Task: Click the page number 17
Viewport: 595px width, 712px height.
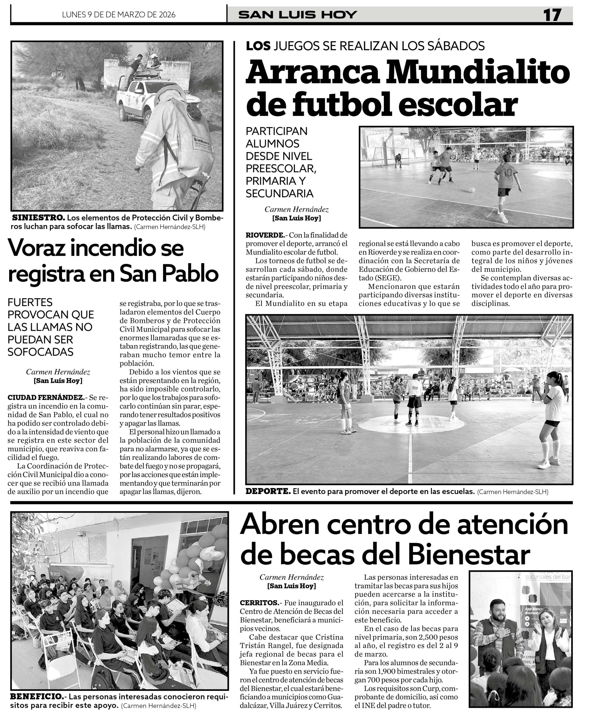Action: (x=552, y=15)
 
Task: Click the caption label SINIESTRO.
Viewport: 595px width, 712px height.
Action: (x=38, y=218)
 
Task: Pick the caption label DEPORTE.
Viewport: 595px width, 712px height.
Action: (x=268, y=491)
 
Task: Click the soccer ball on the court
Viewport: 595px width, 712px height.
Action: (x=472, y=189)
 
